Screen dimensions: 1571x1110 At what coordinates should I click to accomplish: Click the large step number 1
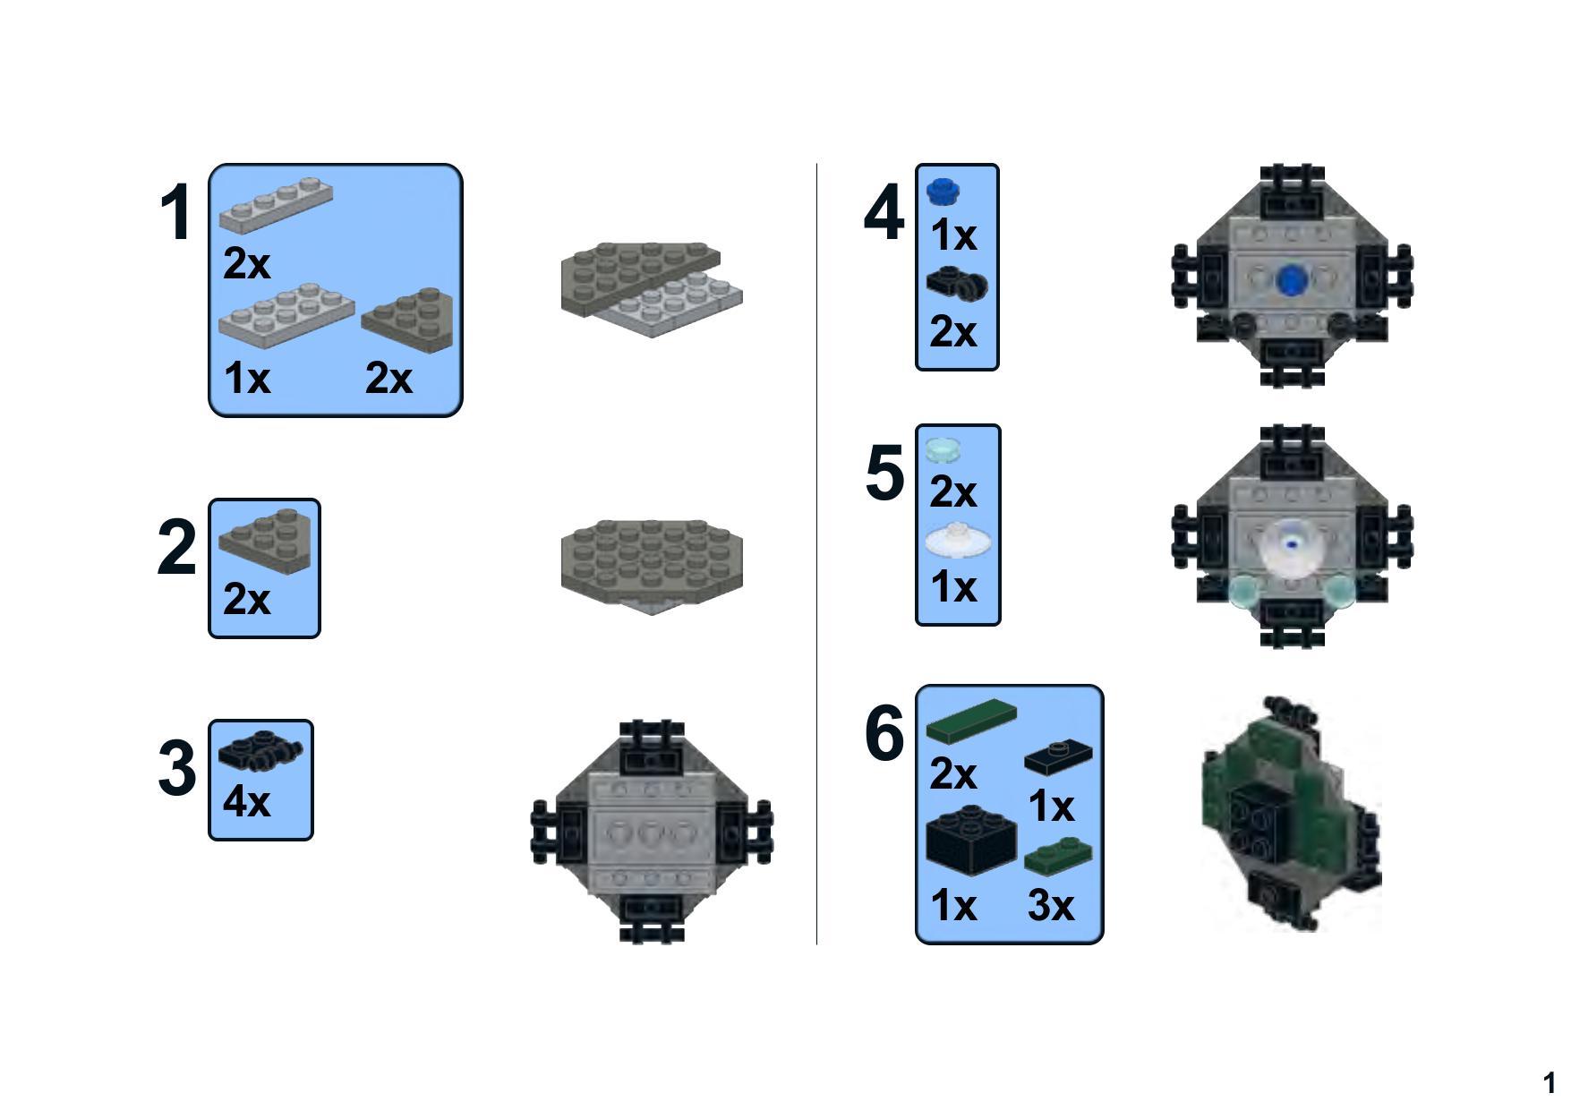click(175, 213)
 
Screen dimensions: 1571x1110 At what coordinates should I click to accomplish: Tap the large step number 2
click(176, 547)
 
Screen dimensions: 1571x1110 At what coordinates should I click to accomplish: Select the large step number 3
click(176, 768)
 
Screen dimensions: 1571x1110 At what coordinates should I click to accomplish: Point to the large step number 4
click(884, 213)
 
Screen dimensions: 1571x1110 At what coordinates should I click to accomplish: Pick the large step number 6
click(884, 733)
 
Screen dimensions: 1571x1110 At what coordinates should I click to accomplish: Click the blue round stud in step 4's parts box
click(943, 191)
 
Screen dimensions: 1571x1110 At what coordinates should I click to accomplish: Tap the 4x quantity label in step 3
click(246, 801)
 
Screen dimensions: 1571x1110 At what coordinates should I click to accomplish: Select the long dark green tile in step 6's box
click(971, 721)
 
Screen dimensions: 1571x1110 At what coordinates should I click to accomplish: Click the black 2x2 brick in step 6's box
click(971, 839)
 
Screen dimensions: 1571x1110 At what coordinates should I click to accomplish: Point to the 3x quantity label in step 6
click(1051, 905)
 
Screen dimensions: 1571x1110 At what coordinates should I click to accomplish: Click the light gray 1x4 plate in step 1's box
click(276, 206)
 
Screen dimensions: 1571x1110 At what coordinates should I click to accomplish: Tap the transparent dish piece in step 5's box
click(957, 541)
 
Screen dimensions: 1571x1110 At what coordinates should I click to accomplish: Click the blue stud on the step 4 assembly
click(1291, 279)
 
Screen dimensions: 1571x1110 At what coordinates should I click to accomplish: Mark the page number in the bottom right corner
click(1549, 1083)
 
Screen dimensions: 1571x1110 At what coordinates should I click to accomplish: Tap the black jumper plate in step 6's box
click(1058, 757)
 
